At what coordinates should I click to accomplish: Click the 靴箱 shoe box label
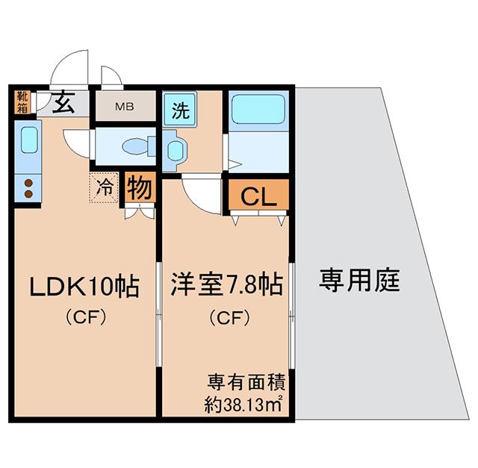[x=22, y=102]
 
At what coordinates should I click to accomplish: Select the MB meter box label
[x=125, y=107]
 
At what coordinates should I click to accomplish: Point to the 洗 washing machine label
[x=181, y=110]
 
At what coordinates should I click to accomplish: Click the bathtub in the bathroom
[x=258, y=109]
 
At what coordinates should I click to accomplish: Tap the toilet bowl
[x=135, y=146]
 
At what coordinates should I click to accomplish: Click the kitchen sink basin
[x=29, y=140]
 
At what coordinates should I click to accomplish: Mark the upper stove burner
[x=28, y=183]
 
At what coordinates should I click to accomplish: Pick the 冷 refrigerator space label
[x=104, y=187]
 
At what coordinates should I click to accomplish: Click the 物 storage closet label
[x=140, y=188]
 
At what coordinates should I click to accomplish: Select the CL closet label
[x=258, y=196]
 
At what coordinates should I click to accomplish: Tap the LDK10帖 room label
[x=84, y=287]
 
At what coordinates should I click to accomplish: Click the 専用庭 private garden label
[x=359, y=280]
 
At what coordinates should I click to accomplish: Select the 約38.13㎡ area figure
[x=243, y=405]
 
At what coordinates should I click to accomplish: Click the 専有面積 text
[x=246, y=382]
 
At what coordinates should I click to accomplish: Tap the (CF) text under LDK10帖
[x=86, y=318]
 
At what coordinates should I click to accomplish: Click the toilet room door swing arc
[x=73, y=146]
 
